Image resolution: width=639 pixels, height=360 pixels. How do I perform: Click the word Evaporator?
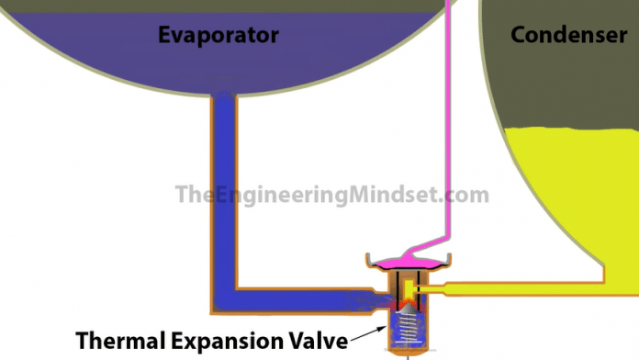coord(218,36)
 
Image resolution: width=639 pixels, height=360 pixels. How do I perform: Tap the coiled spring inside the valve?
coord(406,325)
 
